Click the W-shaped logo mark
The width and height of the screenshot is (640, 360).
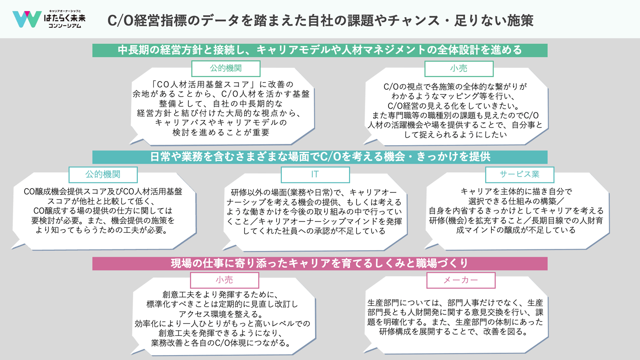coord(27,19)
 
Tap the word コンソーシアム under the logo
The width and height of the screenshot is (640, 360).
coord(64,26)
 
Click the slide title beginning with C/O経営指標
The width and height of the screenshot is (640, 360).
coord(320,21)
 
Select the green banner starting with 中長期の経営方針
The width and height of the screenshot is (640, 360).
coord(320,50)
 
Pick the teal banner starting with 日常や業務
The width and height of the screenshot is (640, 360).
coord(320,157)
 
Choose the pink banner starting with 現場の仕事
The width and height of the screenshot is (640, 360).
coord(320,263)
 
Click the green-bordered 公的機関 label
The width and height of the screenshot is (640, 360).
coord(226,68)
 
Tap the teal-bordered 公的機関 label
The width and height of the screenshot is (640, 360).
coord(103,174)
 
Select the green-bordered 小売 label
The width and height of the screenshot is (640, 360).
coord(459,68)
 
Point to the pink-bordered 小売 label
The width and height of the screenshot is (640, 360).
coord(224,280)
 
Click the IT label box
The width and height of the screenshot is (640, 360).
coord(315,174)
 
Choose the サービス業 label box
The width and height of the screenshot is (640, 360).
coord(520,174)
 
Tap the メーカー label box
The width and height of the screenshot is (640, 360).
coord(461,280)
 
